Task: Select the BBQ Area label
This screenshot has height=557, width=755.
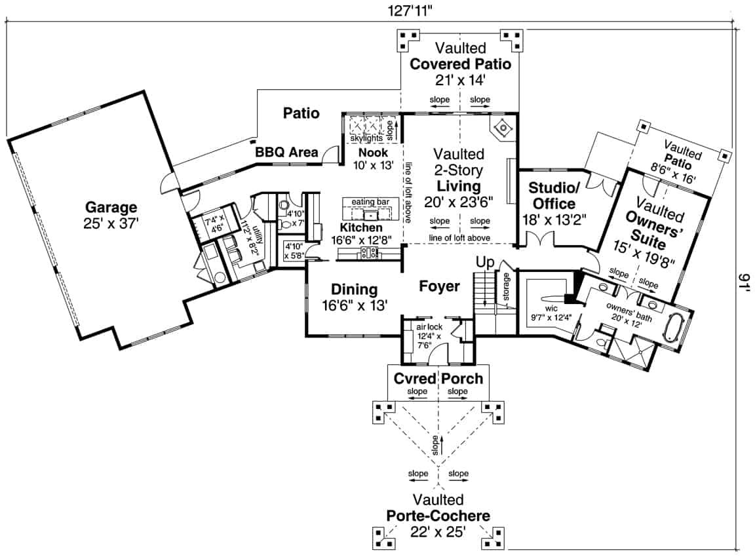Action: click(286, 153)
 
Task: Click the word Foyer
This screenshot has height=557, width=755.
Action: click(439, 286)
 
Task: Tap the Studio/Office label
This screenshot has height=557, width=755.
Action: click(551, 196)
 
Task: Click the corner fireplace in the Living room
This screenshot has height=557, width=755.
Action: click(502, 127)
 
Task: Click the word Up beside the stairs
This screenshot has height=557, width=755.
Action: click(486, 262)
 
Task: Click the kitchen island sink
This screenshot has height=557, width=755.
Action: click(372, 214)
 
